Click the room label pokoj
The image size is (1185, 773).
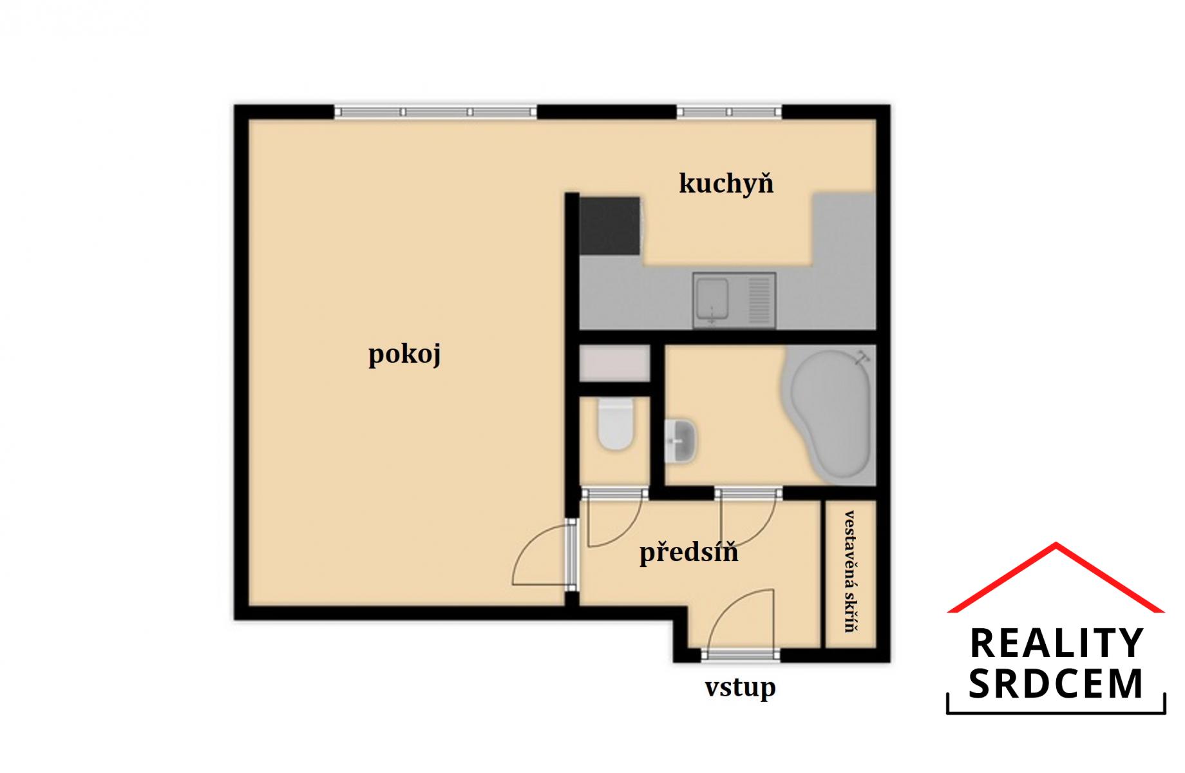[404, 355]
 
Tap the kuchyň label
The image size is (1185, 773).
[726, 183]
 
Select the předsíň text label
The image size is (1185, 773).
[688, 553]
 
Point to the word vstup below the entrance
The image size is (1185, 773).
[740, 688]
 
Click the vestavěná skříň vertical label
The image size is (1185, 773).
[851, 572]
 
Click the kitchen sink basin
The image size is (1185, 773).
[712, 300]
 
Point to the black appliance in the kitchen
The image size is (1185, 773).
[610, 225]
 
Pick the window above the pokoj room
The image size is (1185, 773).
[436, 112]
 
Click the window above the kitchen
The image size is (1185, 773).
[729, 112]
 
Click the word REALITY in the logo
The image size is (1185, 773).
[1056, 644]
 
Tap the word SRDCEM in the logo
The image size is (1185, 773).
[1056, 683]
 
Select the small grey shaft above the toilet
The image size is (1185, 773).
[614, 364]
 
